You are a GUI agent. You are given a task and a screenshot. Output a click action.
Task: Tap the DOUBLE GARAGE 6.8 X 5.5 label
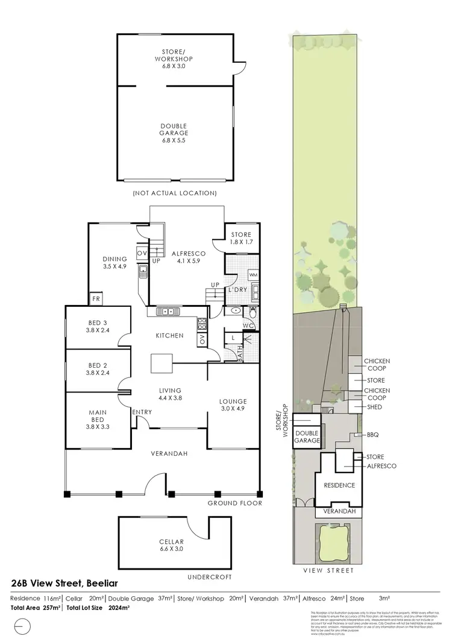175,133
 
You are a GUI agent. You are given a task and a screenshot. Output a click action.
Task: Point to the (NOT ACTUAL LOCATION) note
175,194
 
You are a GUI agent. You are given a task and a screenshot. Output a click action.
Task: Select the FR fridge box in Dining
95,298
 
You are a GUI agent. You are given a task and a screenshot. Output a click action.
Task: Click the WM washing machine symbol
253,275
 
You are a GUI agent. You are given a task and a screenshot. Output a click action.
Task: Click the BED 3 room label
98,326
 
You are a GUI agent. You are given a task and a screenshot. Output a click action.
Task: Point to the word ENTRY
143,412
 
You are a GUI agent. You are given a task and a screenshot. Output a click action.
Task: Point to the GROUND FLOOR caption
234,503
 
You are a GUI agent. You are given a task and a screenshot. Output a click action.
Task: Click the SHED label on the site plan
374,407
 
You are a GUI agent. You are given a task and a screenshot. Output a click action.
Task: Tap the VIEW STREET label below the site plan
329,570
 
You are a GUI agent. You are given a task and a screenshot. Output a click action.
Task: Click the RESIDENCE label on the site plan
339,485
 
